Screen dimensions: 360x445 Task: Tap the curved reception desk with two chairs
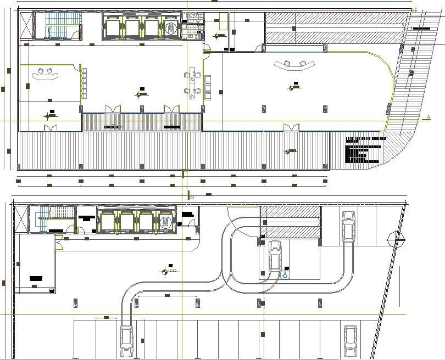tap(43, 74)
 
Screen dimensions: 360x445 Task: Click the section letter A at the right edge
tap(427, 116)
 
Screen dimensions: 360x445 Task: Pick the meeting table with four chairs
tap(193, 83)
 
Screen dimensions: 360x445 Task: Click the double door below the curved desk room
tap(51, 128)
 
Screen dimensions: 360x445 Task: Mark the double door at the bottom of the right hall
tap(291, 127)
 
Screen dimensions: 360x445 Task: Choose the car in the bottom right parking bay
tap(349, 341)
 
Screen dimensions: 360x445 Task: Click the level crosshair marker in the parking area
tap(164, 271)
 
